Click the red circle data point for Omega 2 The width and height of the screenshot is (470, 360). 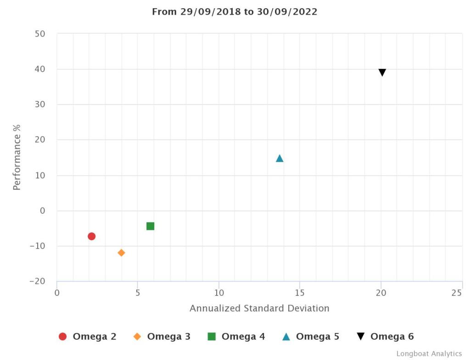[91, 236]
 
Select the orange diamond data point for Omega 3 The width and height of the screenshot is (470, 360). [121, 253]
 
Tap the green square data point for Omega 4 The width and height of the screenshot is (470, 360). [150, 226]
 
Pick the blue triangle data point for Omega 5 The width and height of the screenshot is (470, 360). [280, 158]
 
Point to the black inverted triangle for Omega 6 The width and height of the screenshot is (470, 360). [382, 72]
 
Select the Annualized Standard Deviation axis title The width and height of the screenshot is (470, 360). [259, 308]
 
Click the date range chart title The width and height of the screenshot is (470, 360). [235, 12]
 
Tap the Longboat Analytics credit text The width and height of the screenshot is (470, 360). [429, 354]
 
